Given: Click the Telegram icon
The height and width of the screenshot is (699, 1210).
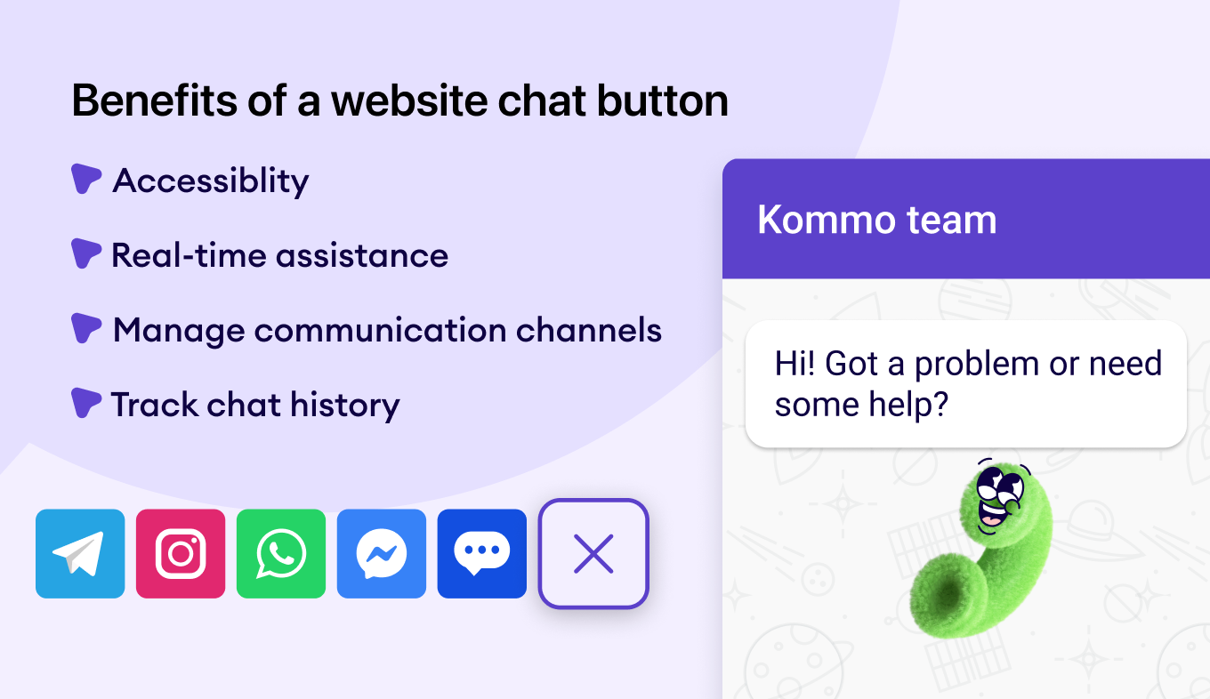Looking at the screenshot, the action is click(80, 553).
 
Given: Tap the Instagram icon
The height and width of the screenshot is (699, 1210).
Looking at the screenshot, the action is click(181, 553).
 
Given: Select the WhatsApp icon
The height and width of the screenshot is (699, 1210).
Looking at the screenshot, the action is click(281, 553).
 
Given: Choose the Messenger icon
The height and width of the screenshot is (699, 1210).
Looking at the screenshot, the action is click(382, 553).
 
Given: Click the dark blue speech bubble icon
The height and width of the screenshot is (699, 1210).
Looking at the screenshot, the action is click(482, 553).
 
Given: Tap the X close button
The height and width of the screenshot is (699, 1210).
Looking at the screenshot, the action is click(593, 553).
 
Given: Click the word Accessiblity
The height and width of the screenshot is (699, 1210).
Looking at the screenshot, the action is click(211, 181).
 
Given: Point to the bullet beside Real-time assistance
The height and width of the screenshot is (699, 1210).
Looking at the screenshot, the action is click(86, 253).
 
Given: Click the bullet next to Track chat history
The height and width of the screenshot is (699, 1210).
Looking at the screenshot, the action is click(86, 403).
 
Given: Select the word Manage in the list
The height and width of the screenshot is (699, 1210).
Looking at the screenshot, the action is click(179, 331).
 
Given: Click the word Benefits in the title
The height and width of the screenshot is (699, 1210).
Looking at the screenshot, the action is click(155, 100).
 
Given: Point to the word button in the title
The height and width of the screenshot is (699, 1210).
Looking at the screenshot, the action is click(662, 100).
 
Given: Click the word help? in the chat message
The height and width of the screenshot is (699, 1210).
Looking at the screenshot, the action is click(908, 405).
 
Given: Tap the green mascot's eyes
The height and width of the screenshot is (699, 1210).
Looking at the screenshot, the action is click(1000, 485).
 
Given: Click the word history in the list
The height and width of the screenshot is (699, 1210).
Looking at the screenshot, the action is click(344, 406).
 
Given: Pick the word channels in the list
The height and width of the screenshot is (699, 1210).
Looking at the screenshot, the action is click(589, 330).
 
